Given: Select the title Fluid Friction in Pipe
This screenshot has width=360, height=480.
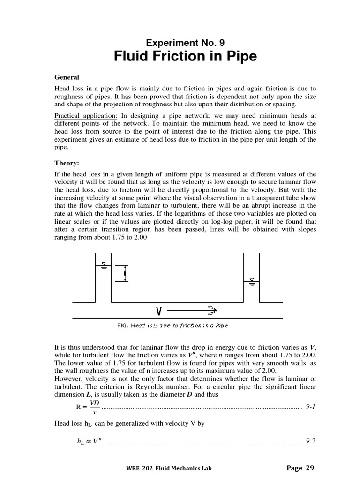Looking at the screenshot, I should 185,57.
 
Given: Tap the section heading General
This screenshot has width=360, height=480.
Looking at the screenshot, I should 67,77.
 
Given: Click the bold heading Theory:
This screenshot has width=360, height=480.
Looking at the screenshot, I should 67,163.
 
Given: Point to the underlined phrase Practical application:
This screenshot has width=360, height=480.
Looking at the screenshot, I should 87,115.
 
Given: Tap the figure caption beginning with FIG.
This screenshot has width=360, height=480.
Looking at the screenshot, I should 173,325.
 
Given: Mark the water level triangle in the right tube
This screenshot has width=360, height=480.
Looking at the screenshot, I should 252,281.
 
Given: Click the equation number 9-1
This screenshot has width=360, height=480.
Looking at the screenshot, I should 310,407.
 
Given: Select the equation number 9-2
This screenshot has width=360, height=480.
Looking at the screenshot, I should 310,441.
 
